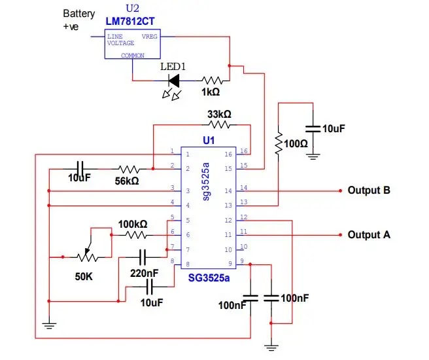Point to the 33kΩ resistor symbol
point(220,124)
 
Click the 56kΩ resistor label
point(127,180)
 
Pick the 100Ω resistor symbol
point(279,143)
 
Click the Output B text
point(369,190)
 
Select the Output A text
point(369,234)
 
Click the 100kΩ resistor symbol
point(136,234)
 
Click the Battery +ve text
point(78,19)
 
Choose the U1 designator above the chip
point(209,141)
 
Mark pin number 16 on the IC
point(243,152)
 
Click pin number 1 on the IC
point(172,152)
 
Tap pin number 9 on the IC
point(242,261)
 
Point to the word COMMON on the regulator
point(133,56)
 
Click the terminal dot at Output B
point(341,191)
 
